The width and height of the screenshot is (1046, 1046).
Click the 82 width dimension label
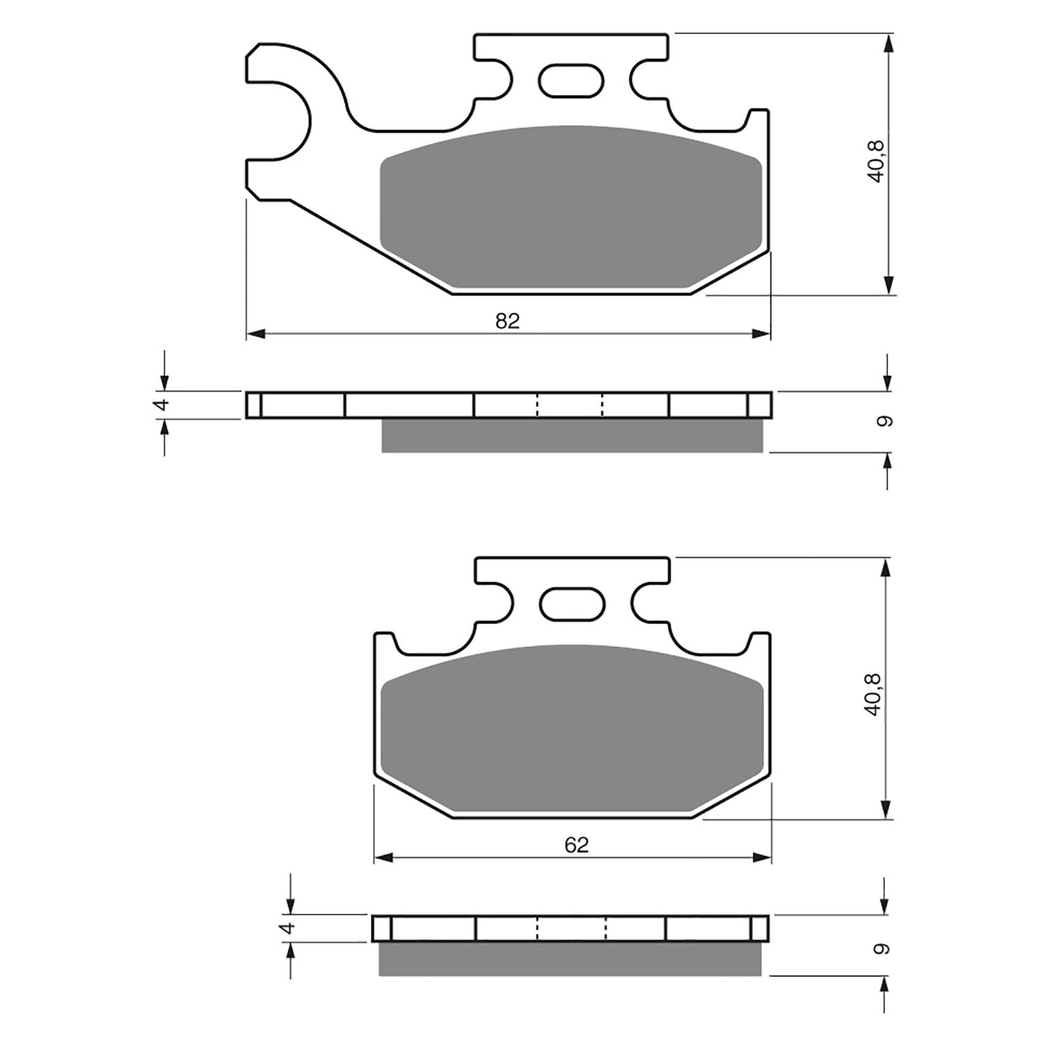(x=507, y=321)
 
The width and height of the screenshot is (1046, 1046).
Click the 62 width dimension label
(x=576, y=845)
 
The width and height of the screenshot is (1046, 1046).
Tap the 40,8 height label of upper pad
(x=875, y=161)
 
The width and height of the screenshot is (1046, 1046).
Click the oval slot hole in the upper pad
(x=570, y=81)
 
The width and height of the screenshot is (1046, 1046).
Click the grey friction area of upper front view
(x=571, y=206)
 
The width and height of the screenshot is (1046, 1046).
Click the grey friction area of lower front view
(x=572, y=729)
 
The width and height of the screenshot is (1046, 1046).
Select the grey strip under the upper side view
(x=572, y=435)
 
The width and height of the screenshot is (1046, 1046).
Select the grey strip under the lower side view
(x=570, y=959)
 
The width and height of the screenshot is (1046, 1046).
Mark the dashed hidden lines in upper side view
(x=569, y=405)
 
